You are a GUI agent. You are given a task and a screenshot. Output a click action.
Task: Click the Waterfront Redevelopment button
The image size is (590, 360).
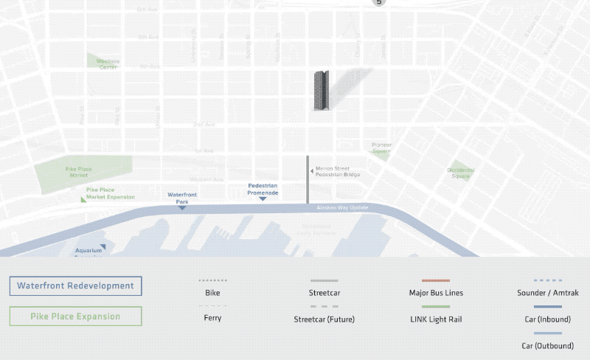tap(75, 285)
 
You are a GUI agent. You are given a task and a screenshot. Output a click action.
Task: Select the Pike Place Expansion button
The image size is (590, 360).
tap(75, 316)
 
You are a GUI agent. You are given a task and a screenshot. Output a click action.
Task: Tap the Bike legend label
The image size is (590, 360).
tap(212, 293)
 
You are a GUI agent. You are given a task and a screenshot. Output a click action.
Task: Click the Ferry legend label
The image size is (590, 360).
tap(212, 318)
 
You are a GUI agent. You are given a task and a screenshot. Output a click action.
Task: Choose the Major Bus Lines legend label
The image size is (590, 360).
tap(435, 293)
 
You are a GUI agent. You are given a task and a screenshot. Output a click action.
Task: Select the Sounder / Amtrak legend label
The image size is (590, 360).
tap(548, 293)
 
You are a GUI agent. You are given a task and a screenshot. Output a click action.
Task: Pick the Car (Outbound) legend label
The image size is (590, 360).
tap(548, 345)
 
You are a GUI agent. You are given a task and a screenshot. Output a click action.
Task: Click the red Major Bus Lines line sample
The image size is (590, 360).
tap(435, 281)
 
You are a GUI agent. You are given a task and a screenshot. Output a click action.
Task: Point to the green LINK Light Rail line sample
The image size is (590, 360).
tap(435, 306)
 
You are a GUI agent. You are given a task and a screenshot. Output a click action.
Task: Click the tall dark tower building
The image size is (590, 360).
tap(322, 91)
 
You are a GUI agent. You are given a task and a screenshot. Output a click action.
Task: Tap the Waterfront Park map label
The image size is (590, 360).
tap(181, 198)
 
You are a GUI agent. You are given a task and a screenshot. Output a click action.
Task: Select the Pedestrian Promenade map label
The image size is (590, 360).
tap(263, 189)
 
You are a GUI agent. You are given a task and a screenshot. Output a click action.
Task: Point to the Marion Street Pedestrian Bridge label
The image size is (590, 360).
tap(336, 172)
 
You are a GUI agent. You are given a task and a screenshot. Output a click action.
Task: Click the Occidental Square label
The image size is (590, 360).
tap(460, 173)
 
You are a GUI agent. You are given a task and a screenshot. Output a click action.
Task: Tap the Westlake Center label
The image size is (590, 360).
tap(108, 63)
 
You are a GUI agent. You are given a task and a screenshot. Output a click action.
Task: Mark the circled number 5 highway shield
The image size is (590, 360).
tap(379, 3)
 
